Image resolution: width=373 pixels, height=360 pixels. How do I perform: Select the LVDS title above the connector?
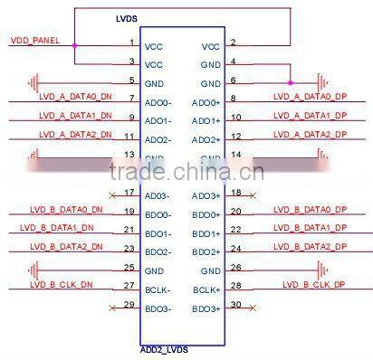128,18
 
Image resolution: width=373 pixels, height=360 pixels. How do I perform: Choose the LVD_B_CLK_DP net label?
313,284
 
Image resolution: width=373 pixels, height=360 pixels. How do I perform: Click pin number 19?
130,212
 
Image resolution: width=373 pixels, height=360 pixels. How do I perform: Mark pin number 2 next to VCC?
233,43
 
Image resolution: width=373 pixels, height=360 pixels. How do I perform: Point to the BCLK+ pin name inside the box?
206,289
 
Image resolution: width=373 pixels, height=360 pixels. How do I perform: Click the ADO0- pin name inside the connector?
158,102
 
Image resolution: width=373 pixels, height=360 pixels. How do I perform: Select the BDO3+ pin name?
206,309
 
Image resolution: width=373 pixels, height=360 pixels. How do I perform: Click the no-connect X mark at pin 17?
111,194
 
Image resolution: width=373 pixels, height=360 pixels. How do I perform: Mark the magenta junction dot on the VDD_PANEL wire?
74,45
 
